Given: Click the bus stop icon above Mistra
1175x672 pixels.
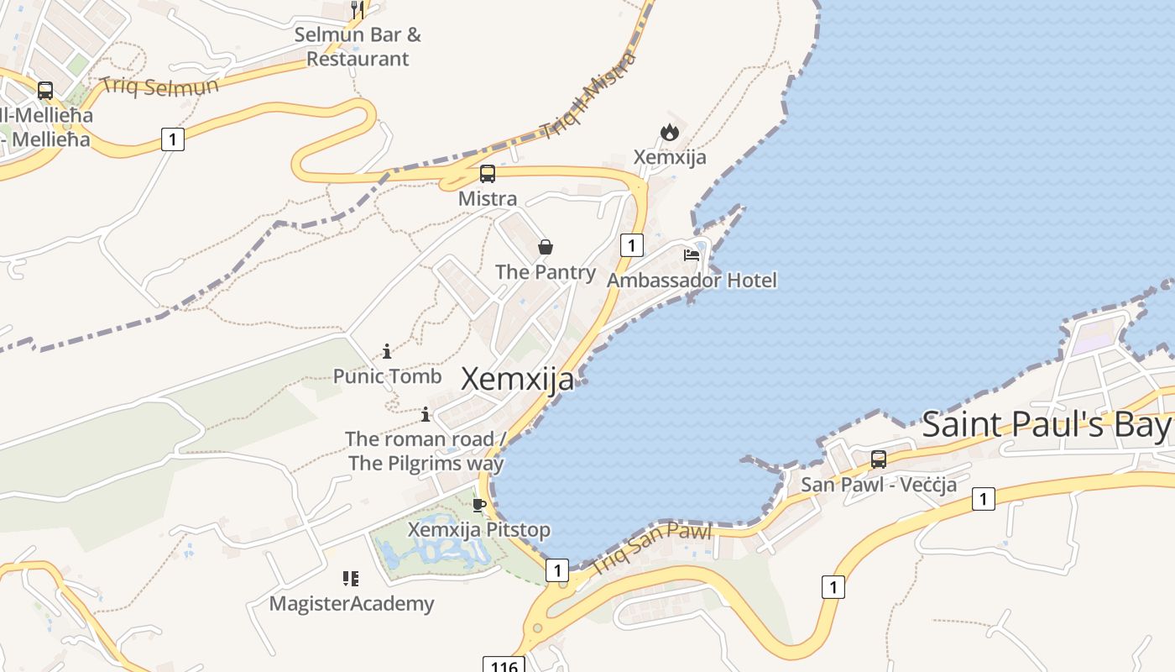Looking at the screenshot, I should coord(487,174).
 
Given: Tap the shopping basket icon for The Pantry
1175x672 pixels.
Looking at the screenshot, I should coord(546,247).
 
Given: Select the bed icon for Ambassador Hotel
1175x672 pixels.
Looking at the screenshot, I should coord(692,255).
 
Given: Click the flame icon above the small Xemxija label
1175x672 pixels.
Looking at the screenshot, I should coord(669,132).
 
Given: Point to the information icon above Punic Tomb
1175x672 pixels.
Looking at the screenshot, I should coord(387,351).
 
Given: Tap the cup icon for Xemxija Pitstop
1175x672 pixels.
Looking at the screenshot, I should coord(478,505).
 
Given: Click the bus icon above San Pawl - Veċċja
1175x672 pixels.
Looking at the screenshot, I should coord(879,459).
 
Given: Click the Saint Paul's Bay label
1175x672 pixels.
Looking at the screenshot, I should coord(1046,425).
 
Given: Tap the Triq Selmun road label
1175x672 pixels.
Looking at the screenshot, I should coord(159,86).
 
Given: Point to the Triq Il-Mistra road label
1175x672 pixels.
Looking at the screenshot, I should coord(587,95).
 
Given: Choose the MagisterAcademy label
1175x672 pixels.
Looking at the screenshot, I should coord(352,603).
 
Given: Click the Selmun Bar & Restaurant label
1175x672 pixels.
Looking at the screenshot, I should coord(358,47).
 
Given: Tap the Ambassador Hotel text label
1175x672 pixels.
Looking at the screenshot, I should coord(692,280).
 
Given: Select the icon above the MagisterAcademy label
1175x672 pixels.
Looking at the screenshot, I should coord(351,578).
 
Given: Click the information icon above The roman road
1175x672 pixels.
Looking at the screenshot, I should coord(426,414).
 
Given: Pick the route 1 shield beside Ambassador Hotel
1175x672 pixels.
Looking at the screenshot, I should coord(631,245).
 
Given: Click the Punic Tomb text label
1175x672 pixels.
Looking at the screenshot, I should coord(387,376).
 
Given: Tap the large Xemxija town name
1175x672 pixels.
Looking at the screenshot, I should coord(518,379).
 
